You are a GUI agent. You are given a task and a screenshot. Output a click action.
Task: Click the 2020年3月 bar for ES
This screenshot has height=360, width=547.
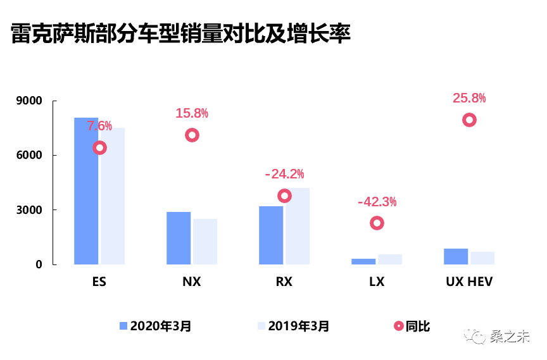point(86,190)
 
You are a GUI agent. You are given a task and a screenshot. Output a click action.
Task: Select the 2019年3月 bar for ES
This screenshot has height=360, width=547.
point(113,196)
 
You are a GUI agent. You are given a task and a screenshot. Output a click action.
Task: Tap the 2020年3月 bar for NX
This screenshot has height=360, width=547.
point(179,238)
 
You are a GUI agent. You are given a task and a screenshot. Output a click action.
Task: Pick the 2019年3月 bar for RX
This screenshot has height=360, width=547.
point(298,226)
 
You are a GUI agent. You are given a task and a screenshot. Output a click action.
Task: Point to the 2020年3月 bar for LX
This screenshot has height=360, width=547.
point(363,261)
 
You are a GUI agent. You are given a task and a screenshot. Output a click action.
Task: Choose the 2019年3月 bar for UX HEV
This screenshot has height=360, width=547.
point(482,258)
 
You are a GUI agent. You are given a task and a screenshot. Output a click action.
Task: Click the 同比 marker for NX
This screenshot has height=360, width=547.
point(192,135)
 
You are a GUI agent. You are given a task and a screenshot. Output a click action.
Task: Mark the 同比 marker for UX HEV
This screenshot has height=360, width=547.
point(469,120)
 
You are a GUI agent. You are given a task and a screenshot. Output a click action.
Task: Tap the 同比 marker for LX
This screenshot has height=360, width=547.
point(377,223)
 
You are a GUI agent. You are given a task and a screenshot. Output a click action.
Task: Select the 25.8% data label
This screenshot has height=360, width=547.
point(469,98)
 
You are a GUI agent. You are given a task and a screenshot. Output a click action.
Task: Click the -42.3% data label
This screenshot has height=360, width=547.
point(377,202)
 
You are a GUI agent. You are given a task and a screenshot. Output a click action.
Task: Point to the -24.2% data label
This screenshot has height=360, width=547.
point(284,173)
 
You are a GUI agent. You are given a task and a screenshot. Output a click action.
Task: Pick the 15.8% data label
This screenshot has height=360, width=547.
point(192,113)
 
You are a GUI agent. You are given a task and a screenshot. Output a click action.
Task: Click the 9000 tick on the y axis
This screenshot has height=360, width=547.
point(30,101)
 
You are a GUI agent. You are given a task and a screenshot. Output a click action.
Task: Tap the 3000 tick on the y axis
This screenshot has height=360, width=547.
point(30,210)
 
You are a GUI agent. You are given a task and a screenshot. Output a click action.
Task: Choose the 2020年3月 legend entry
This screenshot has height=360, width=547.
point(156,326)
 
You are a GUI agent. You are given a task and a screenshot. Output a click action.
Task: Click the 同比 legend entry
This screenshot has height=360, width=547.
point(412,326)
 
